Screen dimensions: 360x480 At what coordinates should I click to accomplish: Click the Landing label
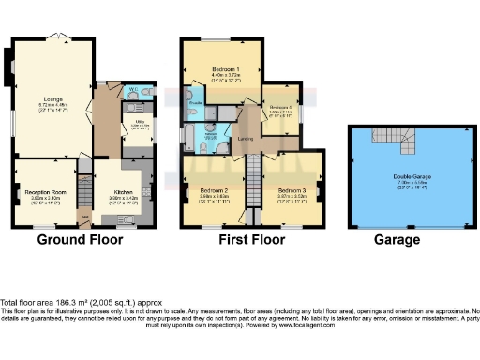click(247, 140)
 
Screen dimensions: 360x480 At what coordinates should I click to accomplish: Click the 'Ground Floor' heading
click(82, 240)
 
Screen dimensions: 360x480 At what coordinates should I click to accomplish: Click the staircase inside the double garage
click(410, 142)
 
